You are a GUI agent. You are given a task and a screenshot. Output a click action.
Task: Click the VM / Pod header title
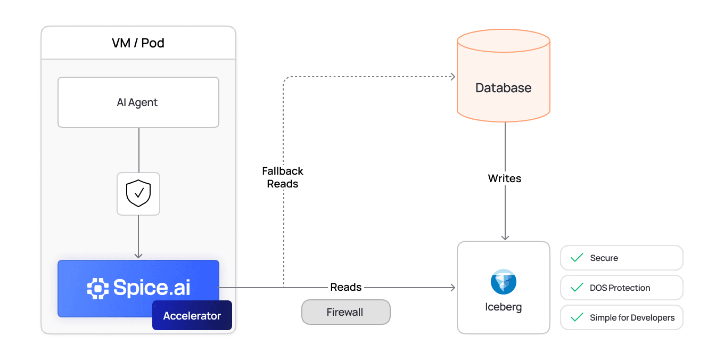(x=138, y=43)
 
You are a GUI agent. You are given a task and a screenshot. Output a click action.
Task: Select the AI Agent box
(x=138, y=102)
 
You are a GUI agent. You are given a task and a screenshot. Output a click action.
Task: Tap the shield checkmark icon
(x=138, y=193)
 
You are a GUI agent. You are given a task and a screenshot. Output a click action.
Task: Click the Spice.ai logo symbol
(x=98, y=288)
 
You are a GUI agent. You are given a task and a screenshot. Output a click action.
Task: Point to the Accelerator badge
(x=192, y=316)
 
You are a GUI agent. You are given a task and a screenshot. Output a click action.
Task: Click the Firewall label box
(x=345, y=312)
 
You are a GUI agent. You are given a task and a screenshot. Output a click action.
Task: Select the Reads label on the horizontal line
(x=345, y=287)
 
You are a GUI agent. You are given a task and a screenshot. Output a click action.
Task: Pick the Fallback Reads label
(x=283, y=177)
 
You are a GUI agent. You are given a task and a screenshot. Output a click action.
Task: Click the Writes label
(x=504, y=178)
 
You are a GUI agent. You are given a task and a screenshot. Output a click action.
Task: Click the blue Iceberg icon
(x=503, y=282)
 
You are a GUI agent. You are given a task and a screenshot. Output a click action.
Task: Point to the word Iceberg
(x=503, y=307)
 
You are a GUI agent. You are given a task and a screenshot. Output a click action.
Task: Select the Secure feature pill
(x=621, y=258)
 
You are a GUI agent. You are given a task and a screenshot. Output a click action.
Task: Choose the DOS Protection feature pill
(x=621, y=288)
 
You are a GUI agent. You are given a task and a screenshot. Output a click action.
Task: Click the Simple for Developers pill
(x=621, y=317)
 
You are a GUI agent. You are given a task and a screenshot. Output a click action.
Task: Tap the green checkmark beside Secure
(x=577, y=258)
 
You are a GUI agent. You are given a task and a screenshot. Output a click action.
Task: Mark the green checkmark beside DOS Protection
(x=577, y=288)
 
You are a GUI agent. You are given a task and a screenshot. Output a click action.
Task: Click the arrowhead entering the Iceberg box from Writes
(x=505, y=238)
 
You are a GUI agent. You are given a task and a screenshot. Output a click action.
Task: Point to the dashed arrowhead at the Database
(x=452, y=77)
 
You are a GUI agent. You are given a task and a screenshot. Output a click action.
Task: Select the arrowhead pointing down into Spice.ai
(x=138, y=256)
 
